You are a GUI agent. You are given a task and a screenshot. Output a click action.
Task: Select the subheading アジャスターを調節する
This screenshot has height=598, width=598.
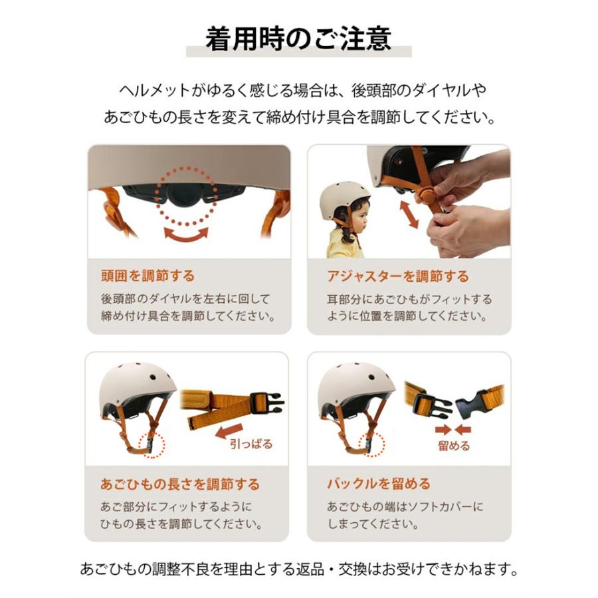397,276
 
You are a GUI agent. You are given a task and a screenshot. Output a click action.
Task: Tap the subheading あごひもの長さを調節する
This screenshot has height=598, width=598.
180,484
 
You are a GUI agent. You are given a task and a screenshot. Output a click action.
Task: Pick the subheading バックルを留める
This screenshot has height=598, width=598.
378,484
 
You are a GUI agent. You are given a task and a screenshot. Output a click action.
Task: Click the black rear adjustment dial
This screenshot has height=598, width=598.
185,193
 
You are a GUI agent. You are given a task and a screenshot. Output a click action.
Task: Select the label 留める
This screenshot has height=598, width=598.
454,446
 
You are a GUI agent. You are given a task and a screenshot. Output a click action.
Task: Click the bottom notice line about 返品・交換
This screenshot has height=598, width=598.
298,569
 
